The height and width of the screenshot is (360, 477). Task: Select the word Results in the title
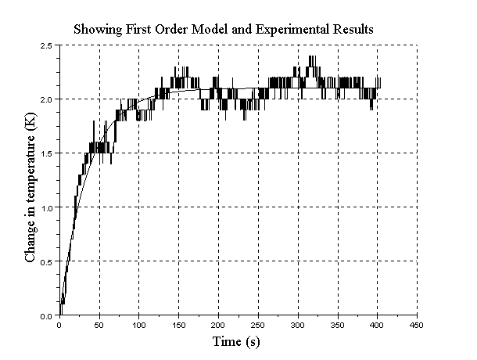pos(352,29)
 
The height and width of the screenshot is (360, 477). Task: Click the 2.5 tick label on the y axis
pos(47,46)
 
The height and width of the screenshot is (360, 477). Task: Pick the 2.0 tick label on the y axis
pos(47,100)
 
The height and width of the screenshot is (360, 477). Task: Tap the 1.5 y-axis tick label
pos(47,154)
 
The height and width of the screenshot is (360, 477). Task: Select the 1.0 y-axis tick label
pos(47,208)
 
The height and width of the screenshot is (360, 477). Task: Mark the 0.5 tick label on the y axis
pos(47,262)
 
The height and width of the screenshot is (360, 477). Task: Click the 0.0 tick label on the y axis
pos(47,315)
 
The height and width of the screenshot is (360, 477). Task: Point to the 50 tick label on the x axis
pos(99,326)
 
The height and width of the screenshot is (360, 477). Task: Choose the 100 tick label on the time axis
pos(139,326)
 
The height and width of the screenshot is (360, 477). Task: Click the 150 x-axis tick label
pos(179,326)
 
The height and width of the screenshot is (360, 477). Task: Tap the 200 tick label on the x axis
pos(218,326)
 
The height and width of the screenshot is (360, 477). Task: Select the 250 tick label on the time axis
pos(258,326)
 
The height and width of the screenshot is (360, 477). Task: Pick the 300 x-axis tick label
pos(298,326)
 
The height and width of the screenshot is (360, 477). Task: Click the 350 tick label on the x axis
pos(338,326)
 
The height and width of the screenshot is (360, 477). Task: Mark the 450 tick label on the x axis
pos(417,326)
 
